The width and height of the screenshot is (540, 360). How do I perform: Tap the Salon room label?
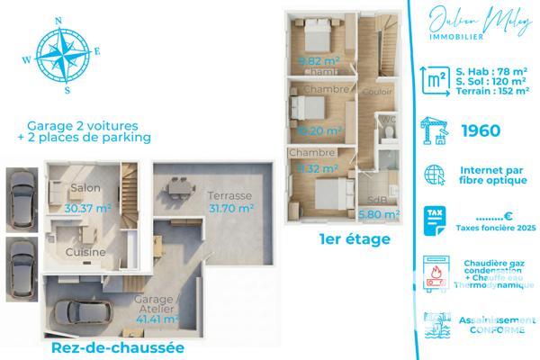point(85,188)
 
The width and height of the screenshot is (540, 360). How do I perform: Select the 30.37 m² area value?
point(88,207)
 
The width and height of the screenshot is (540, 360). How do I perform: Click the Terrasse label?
point(229,196)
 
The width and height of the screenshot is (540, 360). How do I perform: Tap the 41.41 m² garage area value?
point(155,318)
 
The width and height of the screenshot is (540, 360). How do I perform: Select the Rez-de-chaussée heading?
point(117,347)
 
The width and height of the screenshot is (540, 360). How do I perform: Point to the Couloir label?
point(375,92)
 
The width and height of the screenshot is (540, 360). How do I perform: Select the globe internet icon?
point(436,174)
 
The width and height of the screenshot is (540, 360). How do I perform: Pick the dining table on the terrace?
point(180,185)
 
